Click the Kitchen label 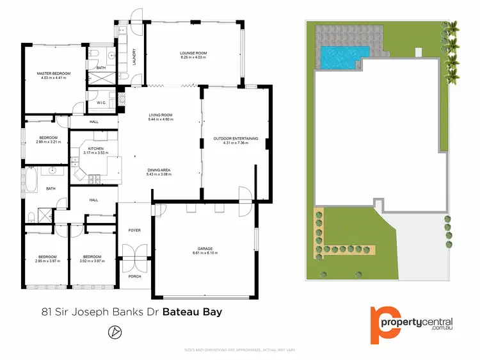coord(96,149)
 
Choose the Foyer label coord(134,230)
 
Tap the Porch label coord(134,276)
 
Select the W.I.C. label coord(101,102)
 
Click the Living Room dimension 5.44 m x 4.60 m coord(160,120)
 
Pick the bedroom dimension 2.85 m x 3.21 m coord(49,142)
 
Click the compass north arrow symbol coord(115,332)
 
